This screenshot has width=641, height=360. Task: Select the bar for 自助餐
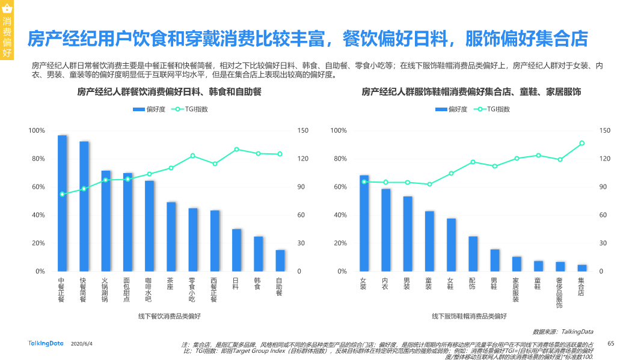[x=280, y=260]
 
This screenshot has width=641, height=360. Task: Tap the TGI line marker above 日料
[x=236, y=149]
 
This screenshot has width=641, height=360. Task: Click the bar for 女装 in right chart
[x=364, y=223]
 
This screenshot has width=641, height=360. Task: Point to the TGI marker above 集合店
[x=581, y=143]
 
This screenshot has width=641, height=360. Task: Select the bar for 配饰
[x=473, y=254]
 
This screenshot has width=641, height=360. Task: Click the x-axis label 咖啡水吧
[x=149, y=288]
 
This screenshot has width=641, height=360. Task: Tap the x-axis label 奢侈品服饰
[x=560, y=293]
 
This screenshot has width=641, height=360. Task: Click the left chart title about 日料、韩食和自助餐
[x=169, y=92]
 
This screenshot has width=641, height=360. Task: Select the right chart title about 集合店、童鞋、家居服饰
[x=471, y=92]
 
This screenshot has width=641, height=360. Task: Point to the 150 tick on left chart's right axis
[x=303, y=130]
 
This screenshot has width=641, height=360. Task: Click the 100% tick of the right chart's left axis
[x=339, y=130]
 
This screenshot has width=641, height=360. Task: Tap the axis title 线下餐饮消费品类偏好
[x=170, y=316]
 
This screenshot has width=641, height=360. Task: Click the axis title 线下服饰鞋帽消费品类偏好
[x=470, y=316]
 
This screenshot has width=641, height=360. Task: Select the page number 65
[x=611, y=343]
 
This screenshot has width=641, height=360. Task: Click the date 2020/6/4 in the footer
[x=82, y=344]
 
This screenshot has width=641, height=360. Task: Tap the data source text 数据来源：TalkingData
[x=563, y=331]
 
